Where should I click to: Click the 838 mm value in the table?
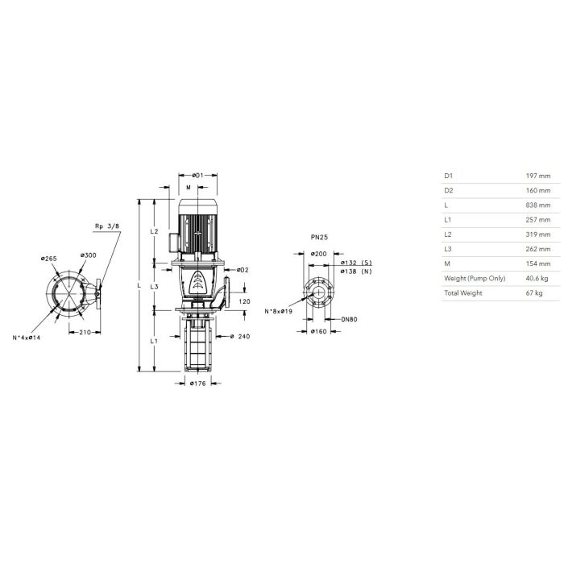point(538,205)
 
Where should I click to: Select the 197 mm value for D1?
point(538,176)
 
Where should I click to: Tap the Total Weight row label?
point(463,292)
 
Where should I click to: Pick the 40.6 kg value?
point(537,278)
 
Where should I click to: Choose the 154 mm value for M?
point(538,263)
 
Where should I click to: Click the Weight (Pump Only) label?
point(475,278)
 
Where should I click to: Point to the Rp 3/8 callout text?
point(107,226)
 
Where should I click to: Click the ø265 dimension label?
point(49,259)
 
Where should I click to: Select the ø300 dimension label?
point(88,255)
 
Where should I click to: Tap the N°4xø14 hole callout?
point(27,338)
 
